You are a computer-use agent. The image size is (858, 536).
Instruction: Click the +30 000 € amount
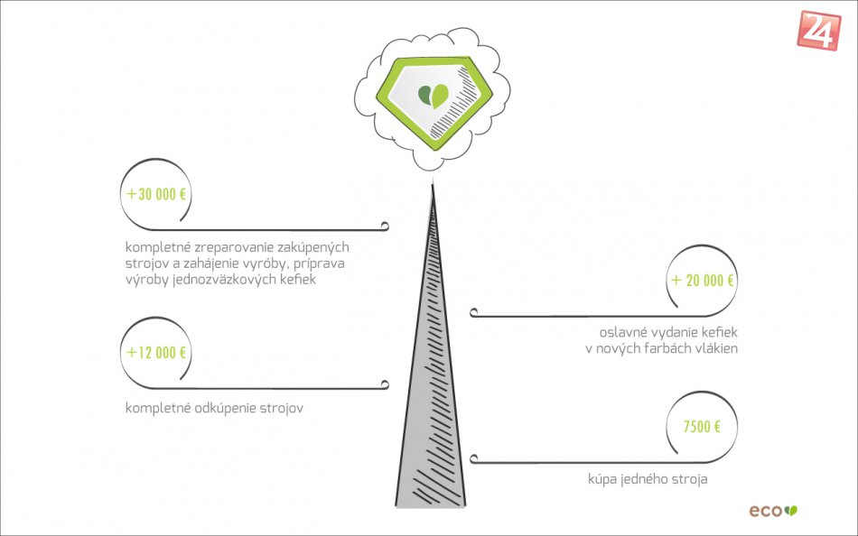pos(157,195)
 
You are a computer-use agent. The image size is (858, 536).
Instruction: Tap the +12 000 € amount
pos(157,353)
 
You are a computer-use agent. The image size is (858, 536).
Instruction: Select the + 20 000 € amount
pos(703,281)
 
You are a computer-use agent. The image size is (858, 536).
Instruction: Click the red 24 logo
pos(819,30)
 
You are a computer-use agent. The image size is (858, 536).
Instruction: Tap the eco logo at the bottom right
pos(773,511)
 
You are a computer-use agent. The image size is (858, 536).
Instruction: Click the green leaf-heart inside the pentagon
pos(433,96)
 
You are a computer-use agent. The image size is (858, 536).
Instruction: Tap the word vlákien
pos(715,347)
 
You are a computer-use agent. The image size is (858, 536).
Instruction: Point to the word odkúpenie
pos(225,408)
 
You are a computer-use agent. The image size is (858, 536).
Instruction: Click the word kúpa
pos(603,479)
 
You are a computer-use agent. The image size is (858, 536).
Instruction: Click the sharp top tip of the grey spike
pos(433,186)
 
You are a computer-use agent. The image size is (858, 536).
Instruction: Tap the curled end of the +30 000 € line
pos(385,225)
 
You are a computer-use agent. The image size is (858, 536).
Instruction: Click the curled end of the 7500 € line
pos(474,458)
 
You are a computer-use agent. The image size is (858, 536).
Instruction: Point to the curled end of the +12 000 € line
pos(385,384)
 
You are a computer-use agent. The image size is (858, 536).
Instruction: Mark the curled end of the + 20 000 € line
pos(474,312)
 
